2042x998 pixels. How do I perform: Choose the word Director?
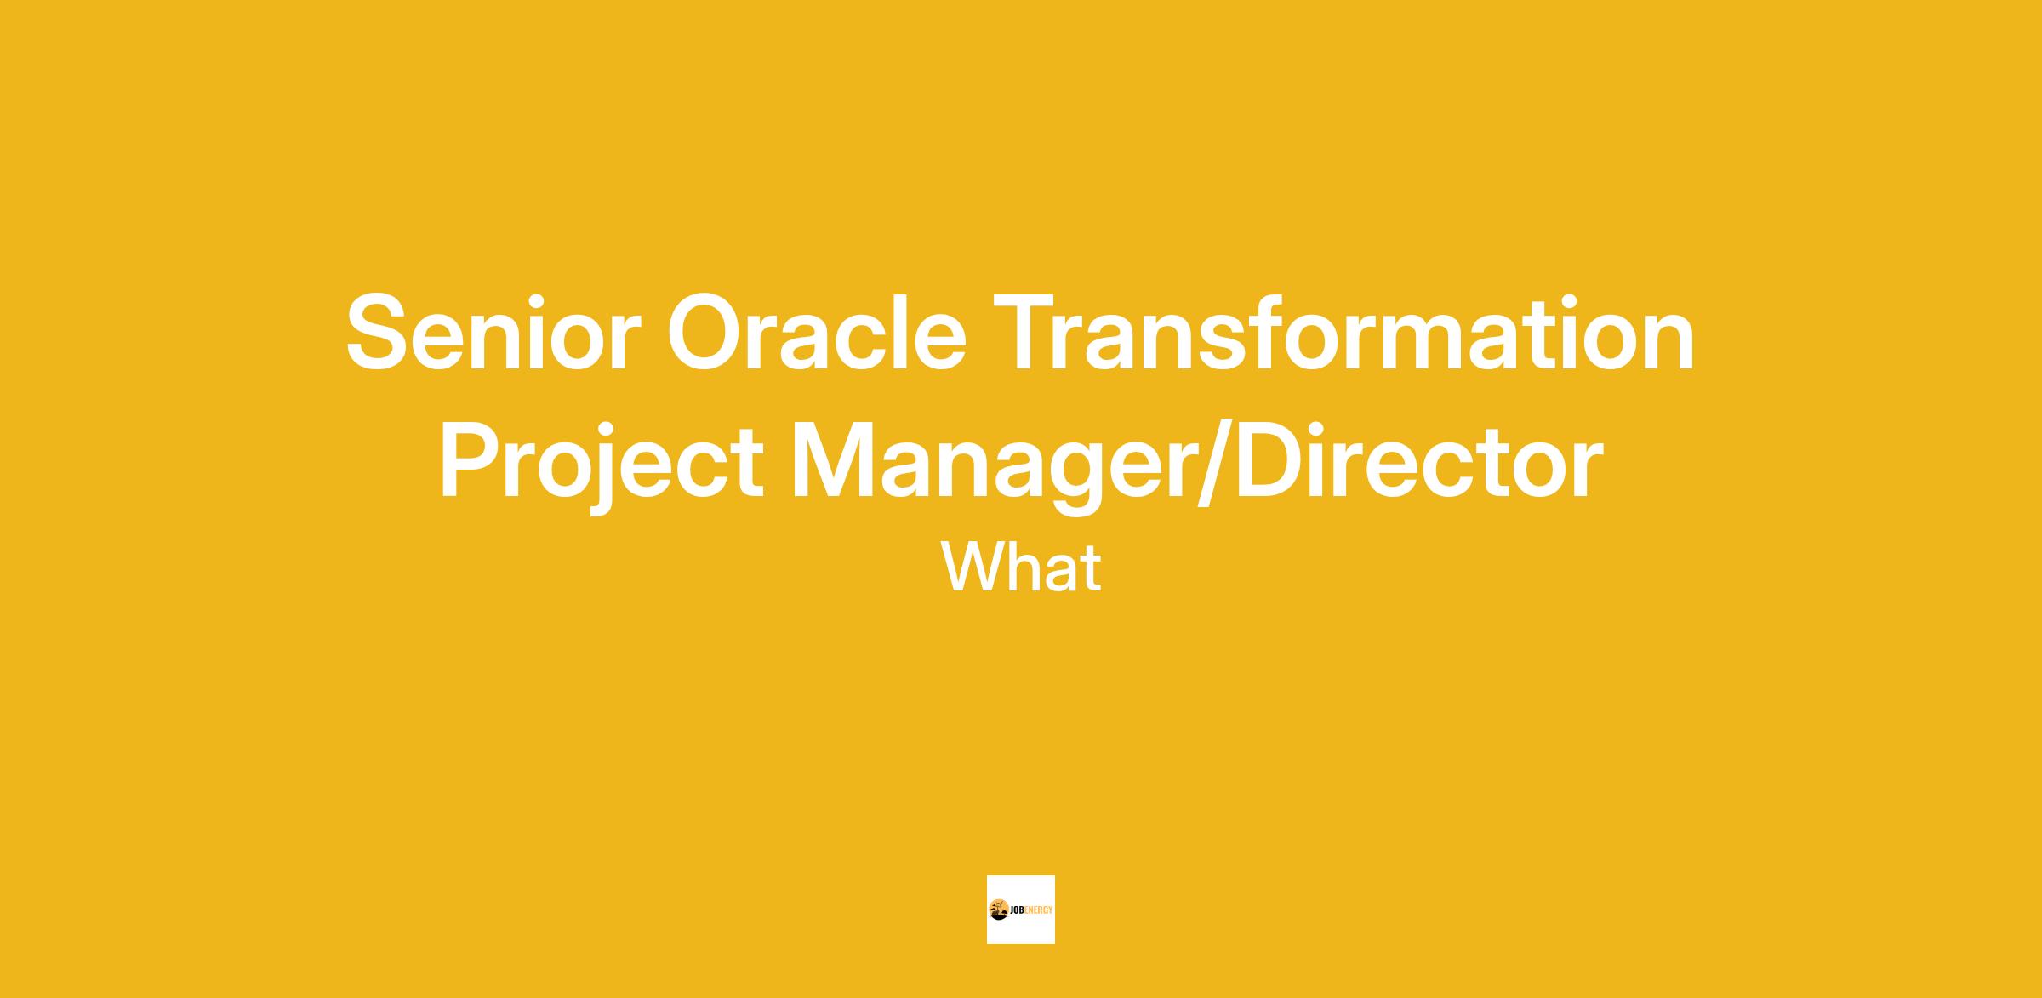(x=1419, y=460)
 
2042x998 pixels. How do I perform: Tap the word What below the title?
(x=1021, y=567)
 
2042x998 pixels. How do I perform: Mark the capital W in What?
(x=974, y=567)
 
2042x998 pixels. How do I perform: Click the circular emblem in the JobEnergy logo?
(x=999, y=910)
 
